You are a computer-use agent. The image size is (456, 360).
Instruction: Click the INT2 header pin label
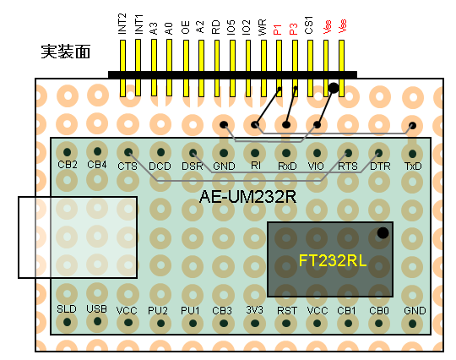(122, 24)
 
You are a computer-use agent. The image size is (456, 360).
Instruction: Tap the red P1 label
(278, 30)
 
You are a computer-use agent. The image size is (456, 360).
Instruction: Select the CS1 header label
(308, 25)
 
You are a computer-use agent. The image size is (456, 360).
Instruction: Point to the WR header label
(262, 27)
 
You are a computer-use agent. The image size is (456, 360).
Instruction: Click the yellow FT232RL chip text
(333, 260)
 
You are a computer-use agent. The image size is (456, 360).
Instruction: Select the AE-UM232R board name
(247, 197)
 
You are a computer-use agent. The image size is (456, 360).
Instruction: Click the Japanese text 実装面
(65, 52)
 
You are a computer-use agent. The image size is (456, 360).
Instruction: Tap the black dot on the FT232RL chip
(383, 233)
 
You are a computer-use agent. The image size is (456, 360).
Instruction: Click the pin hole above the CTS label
(128, 152)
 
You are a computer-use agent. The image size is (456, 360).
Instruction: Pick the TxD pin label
(413, 166)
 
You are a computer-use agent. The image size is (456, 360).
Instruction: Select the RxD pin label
(287, 166)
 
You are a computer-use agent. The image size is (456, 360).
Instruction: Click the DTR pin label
(380, 166)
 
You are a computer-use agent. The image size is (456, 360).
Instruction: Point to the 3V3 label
(254, 310)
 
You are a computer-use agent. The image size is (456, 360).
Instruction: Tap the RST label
(287, 311)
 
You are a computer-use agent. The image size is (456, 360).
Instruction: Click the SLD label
(67, 308)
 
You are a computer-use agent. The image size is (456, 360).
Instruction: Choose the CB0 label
(379, 311)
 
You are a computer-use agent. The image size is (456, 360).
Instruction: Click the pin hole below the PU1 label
(193, 324)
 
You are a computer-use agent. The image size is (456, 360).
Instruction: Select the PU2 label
(158, 311)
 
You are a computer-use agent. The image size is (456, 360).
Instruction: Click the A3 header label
(153, 29)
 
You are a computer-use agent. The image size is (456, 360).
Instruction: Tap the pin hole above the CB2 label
(68, 152)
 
